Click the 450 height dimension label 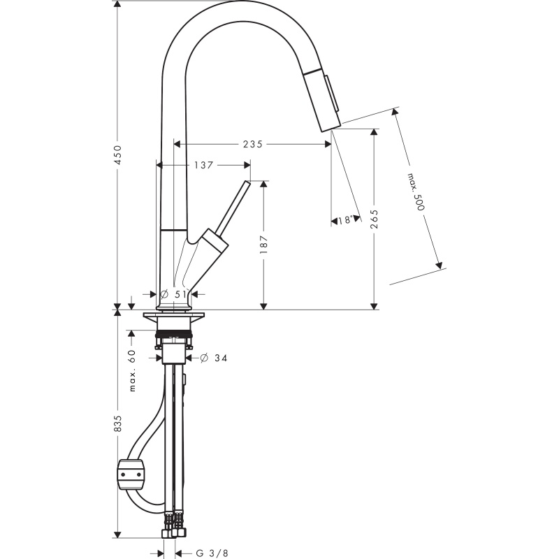pos(117,154)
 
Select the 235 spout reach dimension pos(252,144)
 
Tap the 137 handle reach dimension pos(203,165)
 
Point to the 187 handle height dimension pos(263,244)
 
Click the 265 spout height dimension pos(374,219)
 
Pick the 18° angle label pos(345,220)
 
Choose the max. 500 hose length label pos(416,191)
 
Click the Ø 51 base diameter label pos(173,294)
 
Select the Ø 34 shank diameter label pos(213,358)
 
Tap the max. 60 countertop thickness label pos(132,371)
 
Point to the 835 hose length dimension pos(117,423)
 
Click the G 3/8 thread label pos(212,553)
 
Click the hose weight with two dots pos(131,474)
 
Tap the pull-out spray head pos(322,99)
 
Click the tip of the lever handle pos(247,184)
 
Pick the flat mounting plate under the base pos(174,316)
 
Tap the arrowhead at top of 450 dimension pos(117,3)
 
